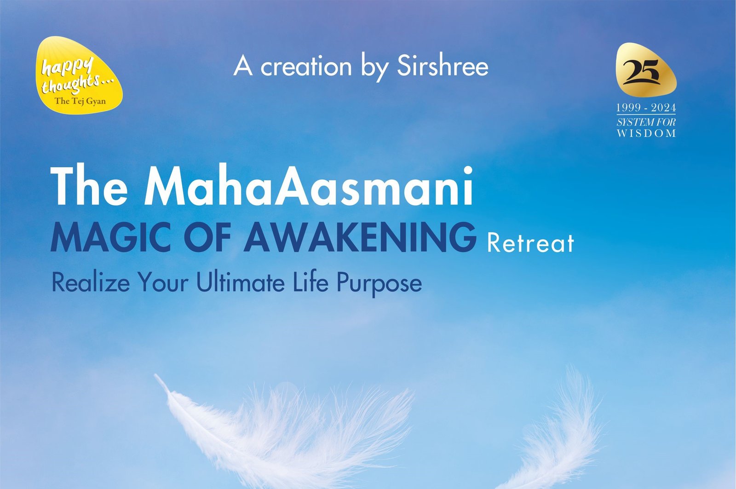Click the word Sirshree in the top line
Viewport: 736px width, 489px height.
(x=443, y=67)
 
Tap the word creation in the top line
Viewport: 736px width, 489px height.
(x=306, y=67)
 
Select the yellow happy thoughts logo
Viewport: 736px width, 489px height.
(x=79, y=75)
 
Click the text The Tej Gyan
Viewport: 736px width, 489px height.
(x=80, y=101)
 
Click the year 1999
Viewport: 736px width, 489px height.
(x=629, y=108)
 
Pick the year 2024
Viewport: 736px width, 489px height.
(x=664, y=108)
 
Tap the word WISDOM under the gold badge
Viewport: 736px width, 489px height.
(x=646, y=133)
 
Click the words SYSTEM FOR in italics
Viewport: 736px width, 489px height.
(x=646, y=122)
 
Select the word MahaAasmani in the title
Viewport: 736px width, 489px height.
(x=309, y=186)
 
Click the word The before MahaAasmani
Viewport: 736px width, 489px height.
(x=89, y=186)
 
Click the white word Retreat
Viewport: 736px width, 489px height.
(x=531, y=243)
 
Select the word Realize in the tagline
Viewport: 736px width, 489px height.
(x=91, y=282)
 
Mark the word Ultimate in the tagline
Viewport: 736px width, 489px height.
(x=241, y=282)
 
